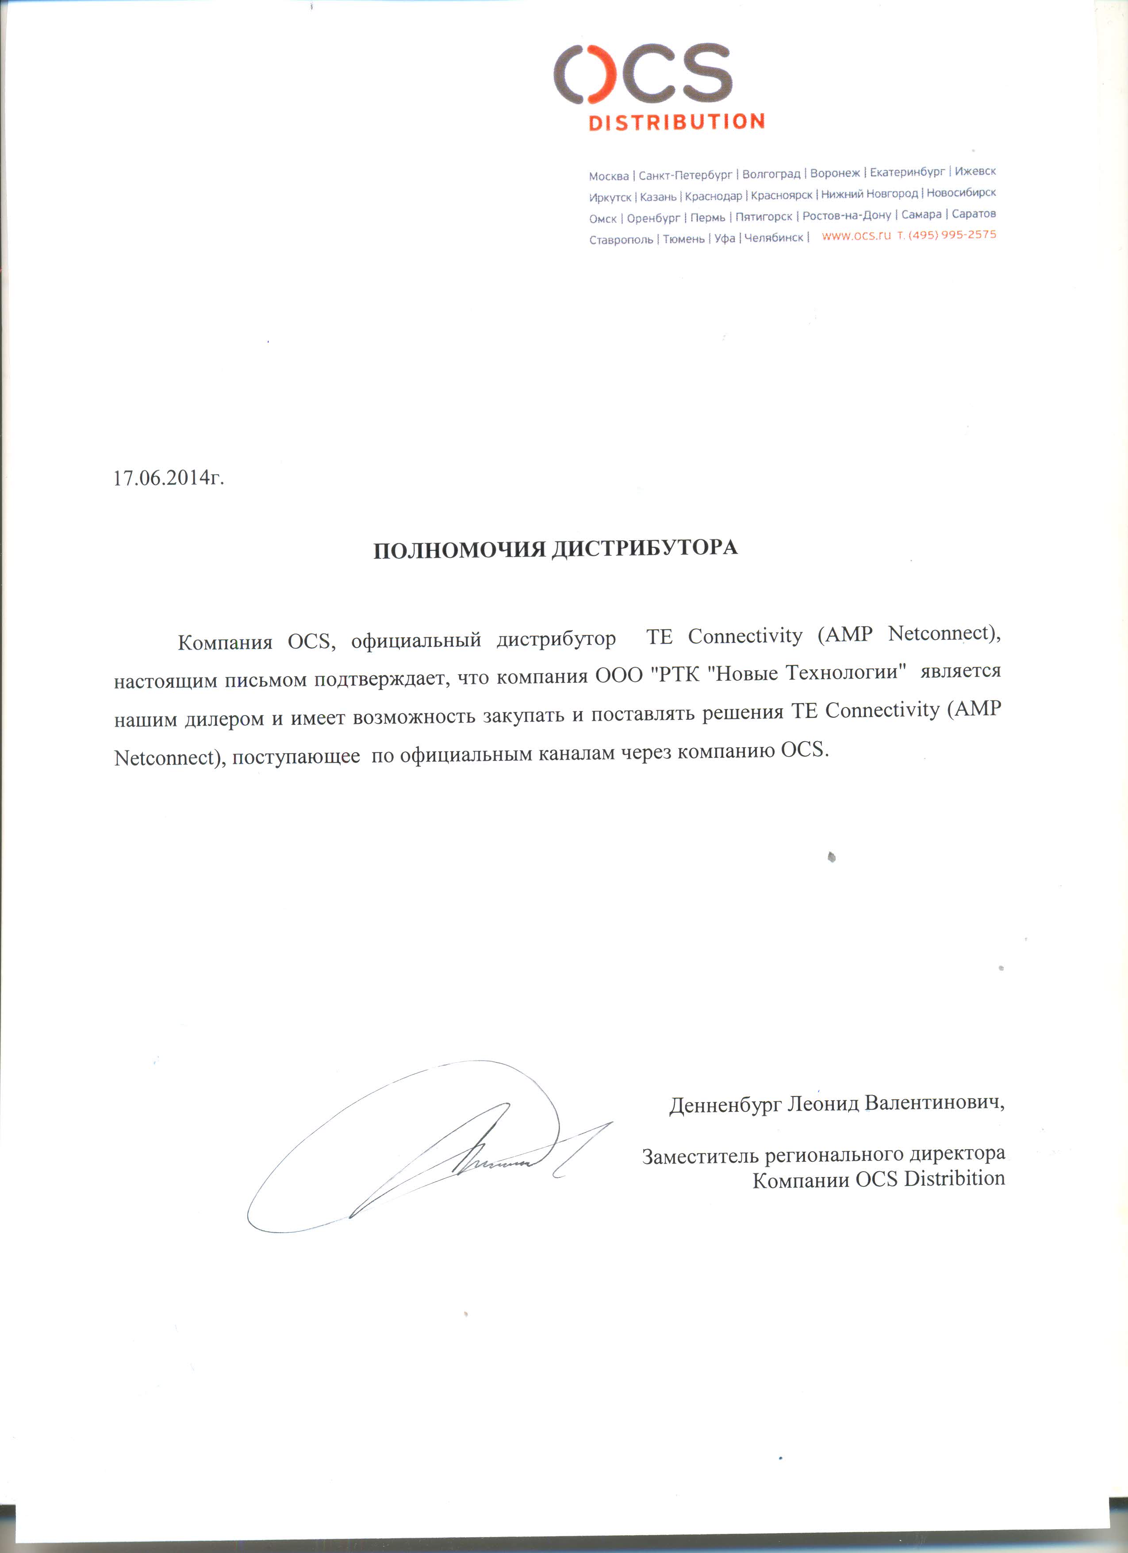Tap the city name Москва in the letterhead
click(x=609, y=176)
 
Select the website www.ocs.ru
click(x=856, y=235)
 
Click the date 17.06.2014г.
click(x=169, y=477)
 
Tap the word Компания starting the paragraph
click(x=225, y=642)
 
